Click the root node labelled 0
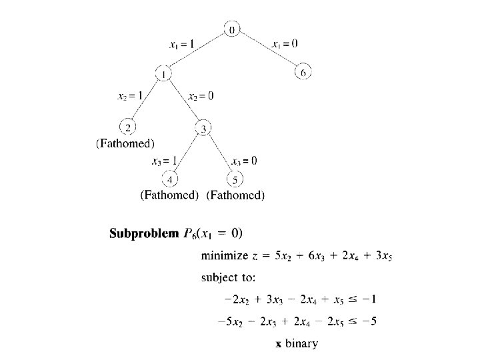pyautogui.click(x=232, y=29)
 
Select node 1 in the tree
pyautogui.click(x=163, y=73)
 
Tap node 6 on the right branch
pyautogui.click(x=303, y=72)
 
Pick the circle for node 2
pyautogui.click(x=127, y=127)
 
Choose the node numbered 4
pyautogui.click(x=171, y=179)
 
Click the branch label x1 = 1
pyautogui.click(x=182, y=44)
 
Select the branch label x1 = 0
pyautogui.click(x=285, y=44)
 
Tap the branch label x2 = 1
pyautogui.click(x=130, y=96)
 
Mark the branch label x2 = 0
pyautogui.click(x=201, y=96)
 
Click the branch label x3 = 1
pyautogui.click(x=164, y=161)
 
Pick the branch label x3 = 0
pyautogui.click(x=244, y=161)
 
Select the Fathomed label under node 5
pyautogui.click(x=235, y=195)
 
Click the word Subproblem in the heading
pyautogui.click(x=144, y=233)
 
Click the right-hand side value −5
pyautogui.click(x=371, y=321)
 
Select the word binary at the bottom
pyautogui.click(x=303, y=344)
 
